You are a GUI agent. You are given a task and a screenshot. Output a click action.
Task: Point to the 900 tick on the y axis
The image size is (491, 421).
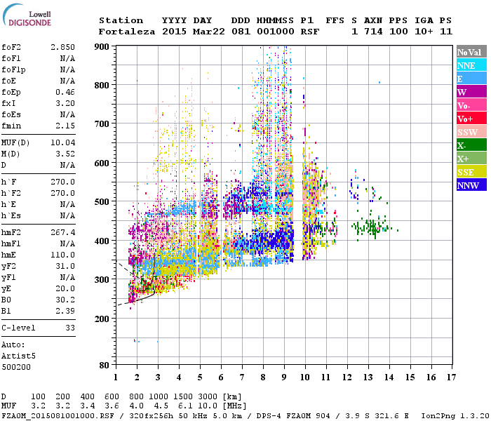102,46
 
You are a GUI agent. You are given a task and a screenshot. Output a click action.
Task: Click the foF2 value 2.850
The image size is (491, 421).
62,46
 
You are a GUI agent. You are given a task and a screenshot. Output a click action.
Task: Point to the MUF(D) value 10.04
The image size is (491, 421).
62,142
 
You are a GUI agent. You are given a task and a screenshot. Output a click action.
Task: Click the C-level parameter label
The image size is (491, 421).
19,328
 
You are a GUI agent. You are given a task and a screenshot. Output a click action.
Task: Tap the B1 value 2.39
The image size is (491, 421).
65,309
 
